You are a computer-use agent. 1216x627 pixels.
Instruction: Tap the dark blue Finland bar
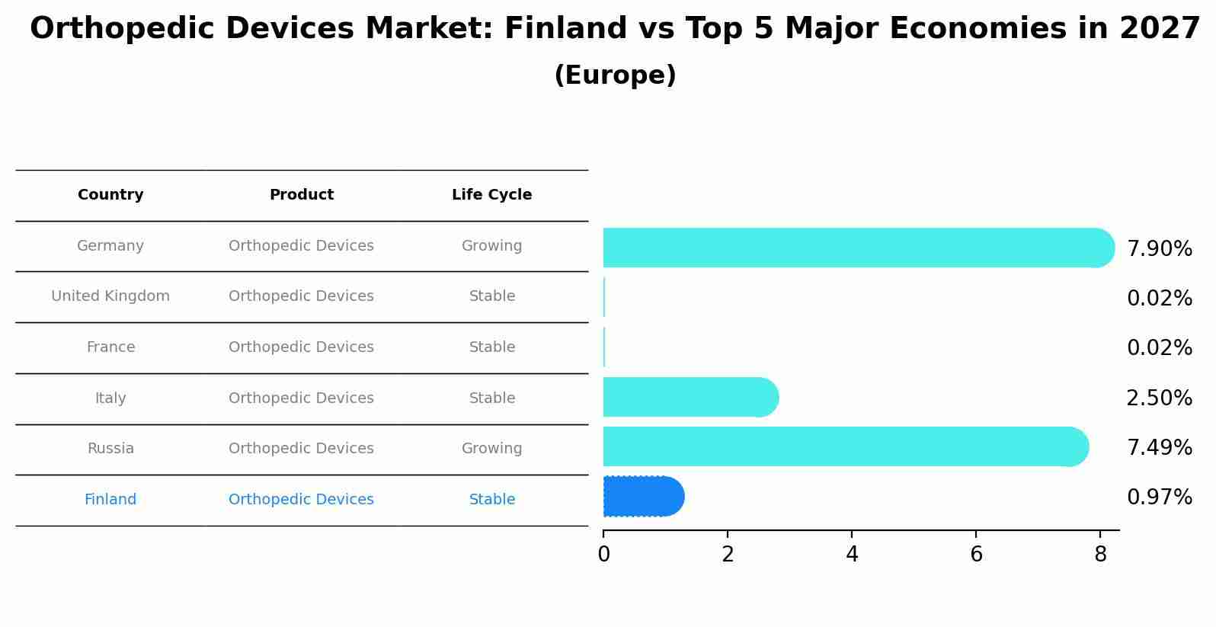pos(642,497)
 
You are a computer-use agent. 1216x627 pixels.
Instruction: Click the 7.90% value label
pos(1159,249)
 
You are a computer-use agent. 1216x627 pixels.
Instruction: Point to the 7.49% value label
pos(1159,448)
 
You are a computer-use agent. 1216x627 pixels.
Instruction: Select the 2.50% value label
pos(1159,398)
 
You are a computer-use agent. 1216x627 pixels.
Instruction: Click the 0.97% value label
pos(1159,497)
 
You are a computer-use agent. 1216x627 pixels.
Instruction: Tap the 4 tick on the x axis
pos(852,555)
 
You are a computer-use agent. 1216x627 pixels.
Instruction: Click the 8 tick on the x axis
pos(1100,555)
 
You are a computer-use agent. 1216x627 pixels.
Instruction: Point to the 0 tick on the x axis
pos(603,555)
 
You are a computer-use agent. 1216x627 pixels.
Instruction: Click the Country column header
pos(110,195)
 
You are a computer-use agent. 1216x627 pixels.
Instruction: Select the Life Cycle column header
pos(491,195)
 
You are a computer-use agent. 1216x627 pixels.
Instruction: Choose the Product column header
pos(301,195)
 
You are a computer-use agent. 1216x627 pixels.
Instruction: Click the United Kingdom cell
pos(110,296)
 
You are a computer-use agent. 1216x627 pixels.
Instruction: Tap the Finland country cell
pos(110,500)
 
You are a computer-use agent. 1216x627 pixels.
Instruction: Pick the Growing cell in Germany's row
pos(491,246)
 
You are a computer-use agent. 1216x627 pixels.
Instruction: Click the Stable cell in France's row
pos(491,347)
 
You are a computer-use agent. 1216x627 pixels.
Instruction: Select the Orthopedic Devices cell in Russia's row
pos(301,449)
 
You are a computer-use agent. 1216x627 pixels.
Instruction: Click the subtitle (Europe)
pos(615,75)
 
